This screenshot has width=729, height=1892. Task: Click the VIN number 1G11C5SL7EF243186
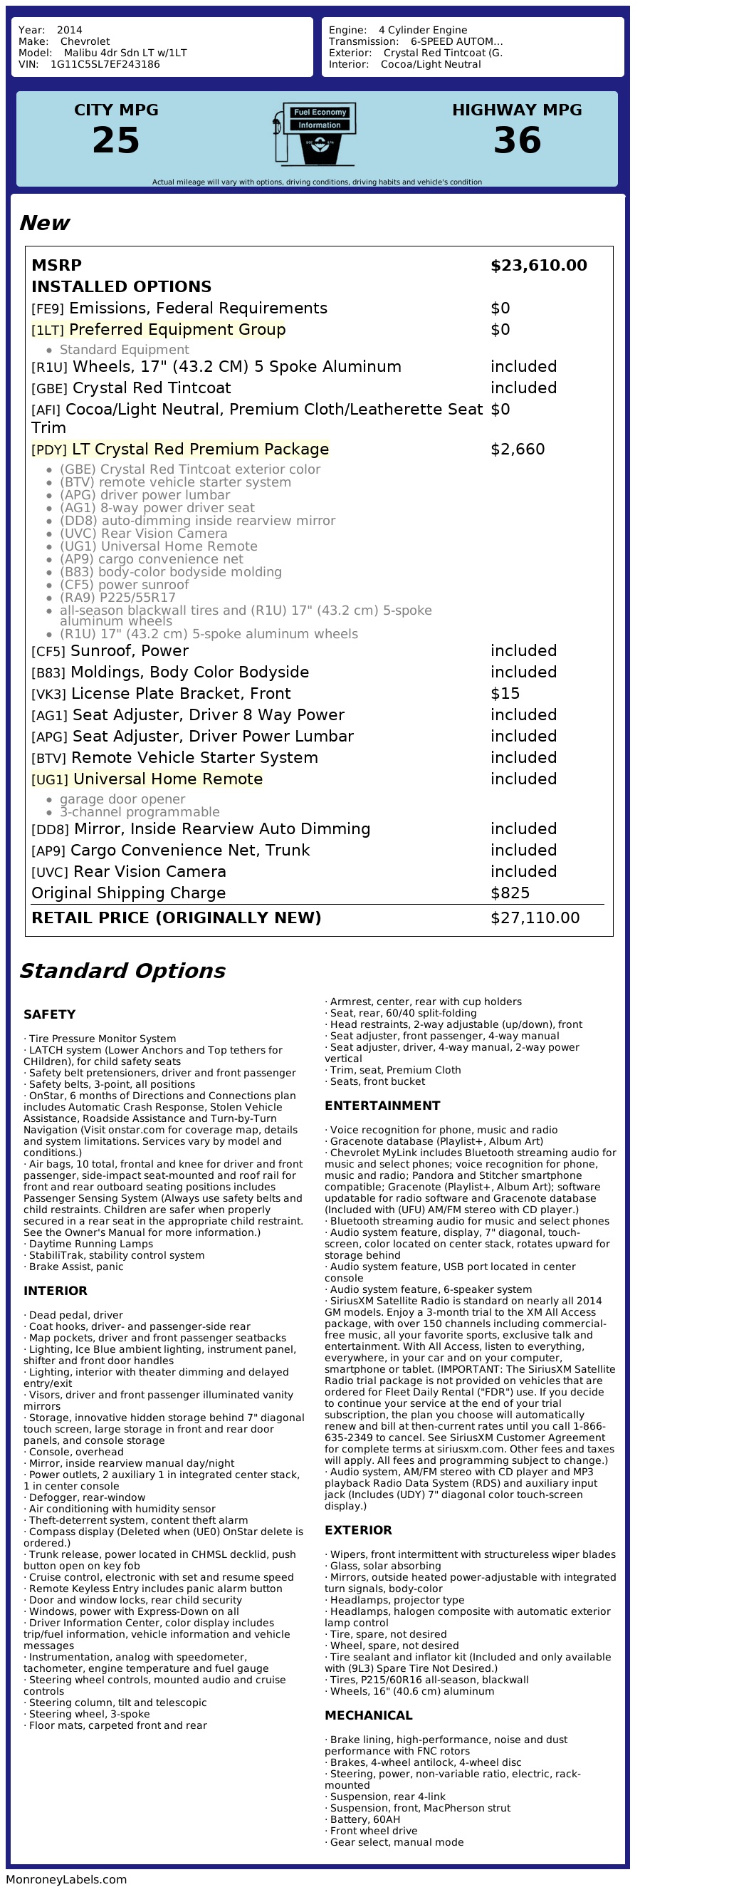coord(105,65)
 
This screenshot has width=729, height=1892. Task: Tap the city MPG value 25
coord(116,140)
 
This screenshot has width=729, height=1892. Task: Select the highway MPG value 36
coord(517,140)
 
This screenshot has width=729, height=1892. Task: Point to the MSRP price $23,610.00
coord(538,266)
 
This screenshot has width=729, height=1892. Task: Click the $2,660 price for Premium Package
coord(518,449)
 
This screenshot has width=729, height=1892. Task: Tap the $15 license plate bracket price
coord(505,694)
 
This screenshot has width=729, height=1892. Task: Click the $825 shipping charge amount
coord(510,893)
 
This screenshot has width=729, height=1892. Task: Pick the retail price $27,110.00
coord(535,918)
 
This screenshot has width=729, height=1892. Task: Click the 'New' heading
coord(44,223)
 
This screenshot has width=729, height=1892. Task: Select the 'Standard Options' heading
coord(122,971)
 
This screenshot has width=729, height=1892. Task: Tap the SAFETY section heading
coord(49,1015)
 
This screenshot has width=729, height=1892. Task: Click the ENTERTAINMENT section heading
coord(382,1106)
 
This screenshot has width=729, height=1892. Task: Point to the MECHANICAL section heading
coord(369,1716)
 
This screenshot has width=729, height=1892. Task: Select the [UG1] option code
coord(49,780)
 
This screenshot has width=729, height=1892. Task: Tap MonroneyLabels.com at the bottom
coord(66,1879)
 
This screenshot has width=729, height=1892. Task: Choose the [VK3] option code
coord(48,695)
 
